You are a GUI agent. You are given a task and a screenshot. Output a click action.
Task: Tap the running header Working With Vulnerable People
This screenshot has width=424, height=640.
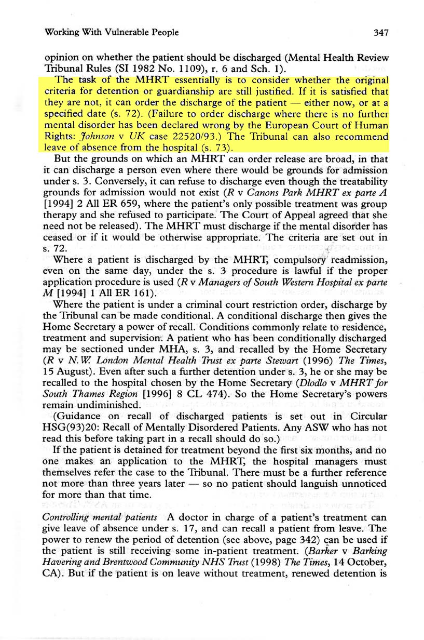tap(112, 32)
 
